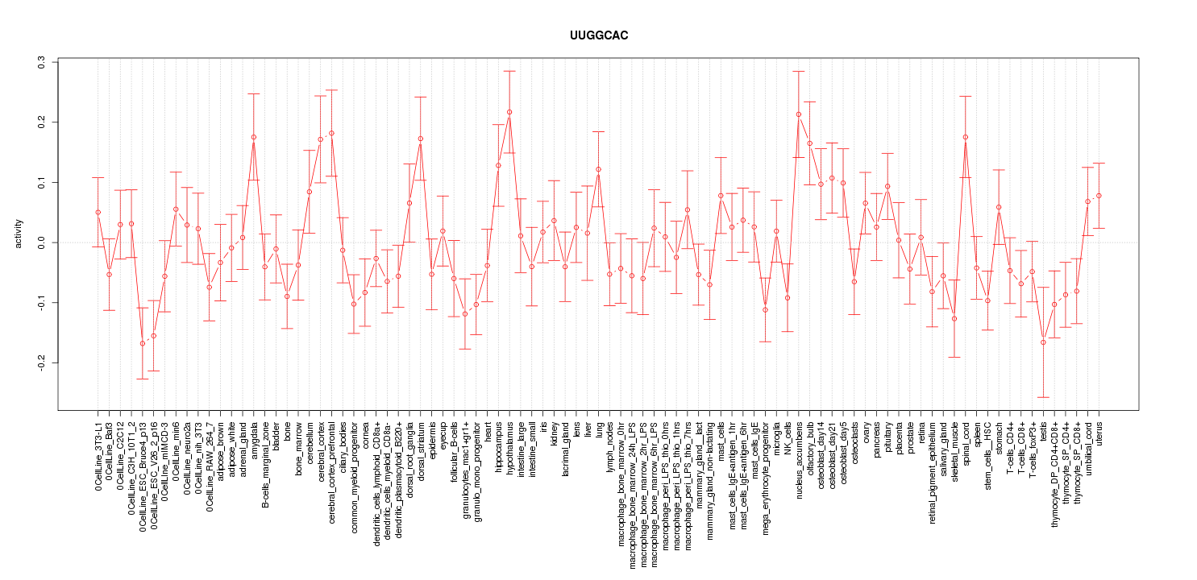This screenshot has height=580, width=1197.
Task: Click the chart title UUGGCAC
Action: pyautogui.click(x=598, y=36)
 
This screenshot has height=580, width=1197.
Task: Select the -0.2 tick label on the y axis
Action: pyautogui.click(x=42, y=362)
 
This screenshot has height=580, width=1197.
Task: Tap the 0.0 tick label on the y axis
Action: pyautogui.click(x=42, y=242)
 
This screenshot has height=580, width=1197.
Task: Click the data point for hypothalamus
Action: pyautogui.click(x=509, y=112)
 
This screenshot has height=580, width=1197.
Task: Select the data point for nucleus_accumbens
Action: pyautogui.click(x=799, y=114)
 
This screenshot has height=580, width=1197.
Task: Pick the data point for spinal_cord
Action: pyautogui.click(x=966, y=137)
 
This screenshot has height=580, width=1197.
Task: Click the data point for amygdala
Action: pyautogui.click(x=253, y=137)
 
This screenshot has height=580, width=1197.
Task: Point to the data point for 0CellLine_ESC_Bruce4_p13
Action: pyautogui.click(x=142, y=343)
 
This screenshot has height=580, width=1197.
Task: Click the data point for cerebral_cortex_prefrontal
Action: pyautogui.click(x=331, y=133)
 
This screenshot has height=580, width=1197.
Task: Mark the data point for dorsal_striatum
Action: pyautogui.click(x=421, y=139)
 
